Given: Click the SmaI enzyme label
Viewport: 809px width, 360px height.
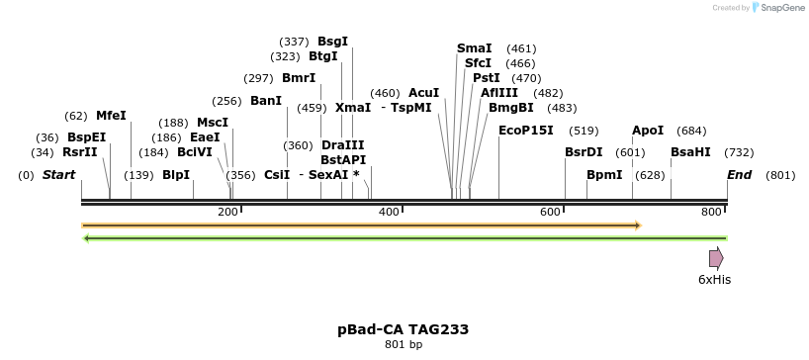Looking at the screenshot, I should pyautogui.click(x=474, y=48).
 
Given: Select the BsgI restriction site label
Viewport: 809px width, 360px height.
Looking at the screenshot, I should pyautogui.click(x=332, y=42).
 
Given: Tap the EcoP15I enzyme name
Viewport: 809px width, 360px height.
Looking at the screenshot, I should pyautogui.click(x=525, y=130).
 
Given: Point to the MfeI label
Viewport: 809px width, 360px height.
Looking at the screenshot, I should pyautogui.click(x=111, y=116).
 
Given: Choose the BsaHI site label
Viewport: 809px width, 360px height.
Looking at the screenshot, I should pyautogui.click(x=690, y=152).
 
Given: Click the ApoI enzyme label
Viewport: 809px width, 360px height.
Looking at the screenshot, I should pyautogui.click(x=648, y=131).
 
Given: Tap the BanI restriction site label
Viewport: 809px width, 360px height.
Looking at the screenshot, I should pyautogui.click(x=266, y=101).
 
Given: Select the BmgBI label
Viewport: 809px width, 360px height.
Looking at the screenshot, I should pyautogui.click(x=510, y=108).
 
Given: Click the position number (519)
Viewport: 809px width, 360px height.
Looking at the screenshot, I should pyautogui.click(x=584, y=131).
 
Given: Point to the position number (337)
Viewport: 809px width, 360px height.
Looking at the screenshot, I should pyautogui.click(x=294, y=42).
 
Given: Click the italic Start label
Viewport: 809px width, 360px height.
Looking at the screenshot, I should pyautogui.click(x=58, y=175).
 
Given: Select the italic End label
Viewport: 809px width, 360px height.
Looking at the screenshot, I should pyautogui.click(x=739, y=175).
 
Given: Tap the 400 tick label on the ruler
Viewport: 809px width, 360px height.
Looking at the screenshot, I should pyautogui.click(x=389, y=213).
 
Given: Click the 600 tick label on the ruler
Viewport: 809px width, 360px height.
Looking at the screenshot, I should pyautogui.click(x=550, y=213).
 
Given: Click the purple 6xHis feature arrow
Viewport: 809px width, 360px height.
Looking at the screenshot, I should pyautogui.click(x=716, y=258).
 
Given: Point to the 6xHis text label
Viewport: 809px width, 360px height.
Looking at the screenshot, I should pyautogui.click(x=714, y=280).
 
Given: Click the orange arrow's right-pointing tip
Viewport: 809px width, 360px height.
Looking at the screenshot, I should pyautogui.click(x=639, y=225).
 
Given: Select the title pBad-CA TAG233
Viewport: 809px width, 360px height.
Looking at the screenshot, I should pyautogui.click(x=403, y=329).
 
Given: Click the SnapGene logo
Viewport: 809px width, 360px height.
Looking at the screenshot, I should pyautogui.click(x=776, y=8).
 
